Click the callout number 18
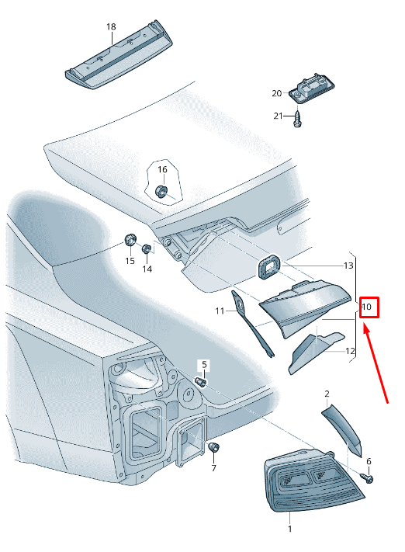[x=111, y=26]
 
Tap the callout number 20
[x=276, y=93]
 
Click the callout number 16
[x=162, y=170]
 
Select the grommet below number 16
[x=161, y=191]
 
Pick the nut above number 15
[x=130, y=241]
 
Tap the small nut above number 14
[x=147, y=249]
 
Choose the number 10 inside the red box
[x=367, y=307]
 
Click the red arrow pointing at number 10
[x=376, y=363]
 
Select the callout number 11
[x=220, y=311]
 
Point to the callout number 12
[x=350, y=351]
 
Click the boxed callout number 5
[x=204, y=365]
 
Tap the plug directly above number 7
[x=214, y=447]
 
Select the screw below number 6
[x=367, y=478]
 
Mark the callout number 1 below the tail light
[x=290, y=529]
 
